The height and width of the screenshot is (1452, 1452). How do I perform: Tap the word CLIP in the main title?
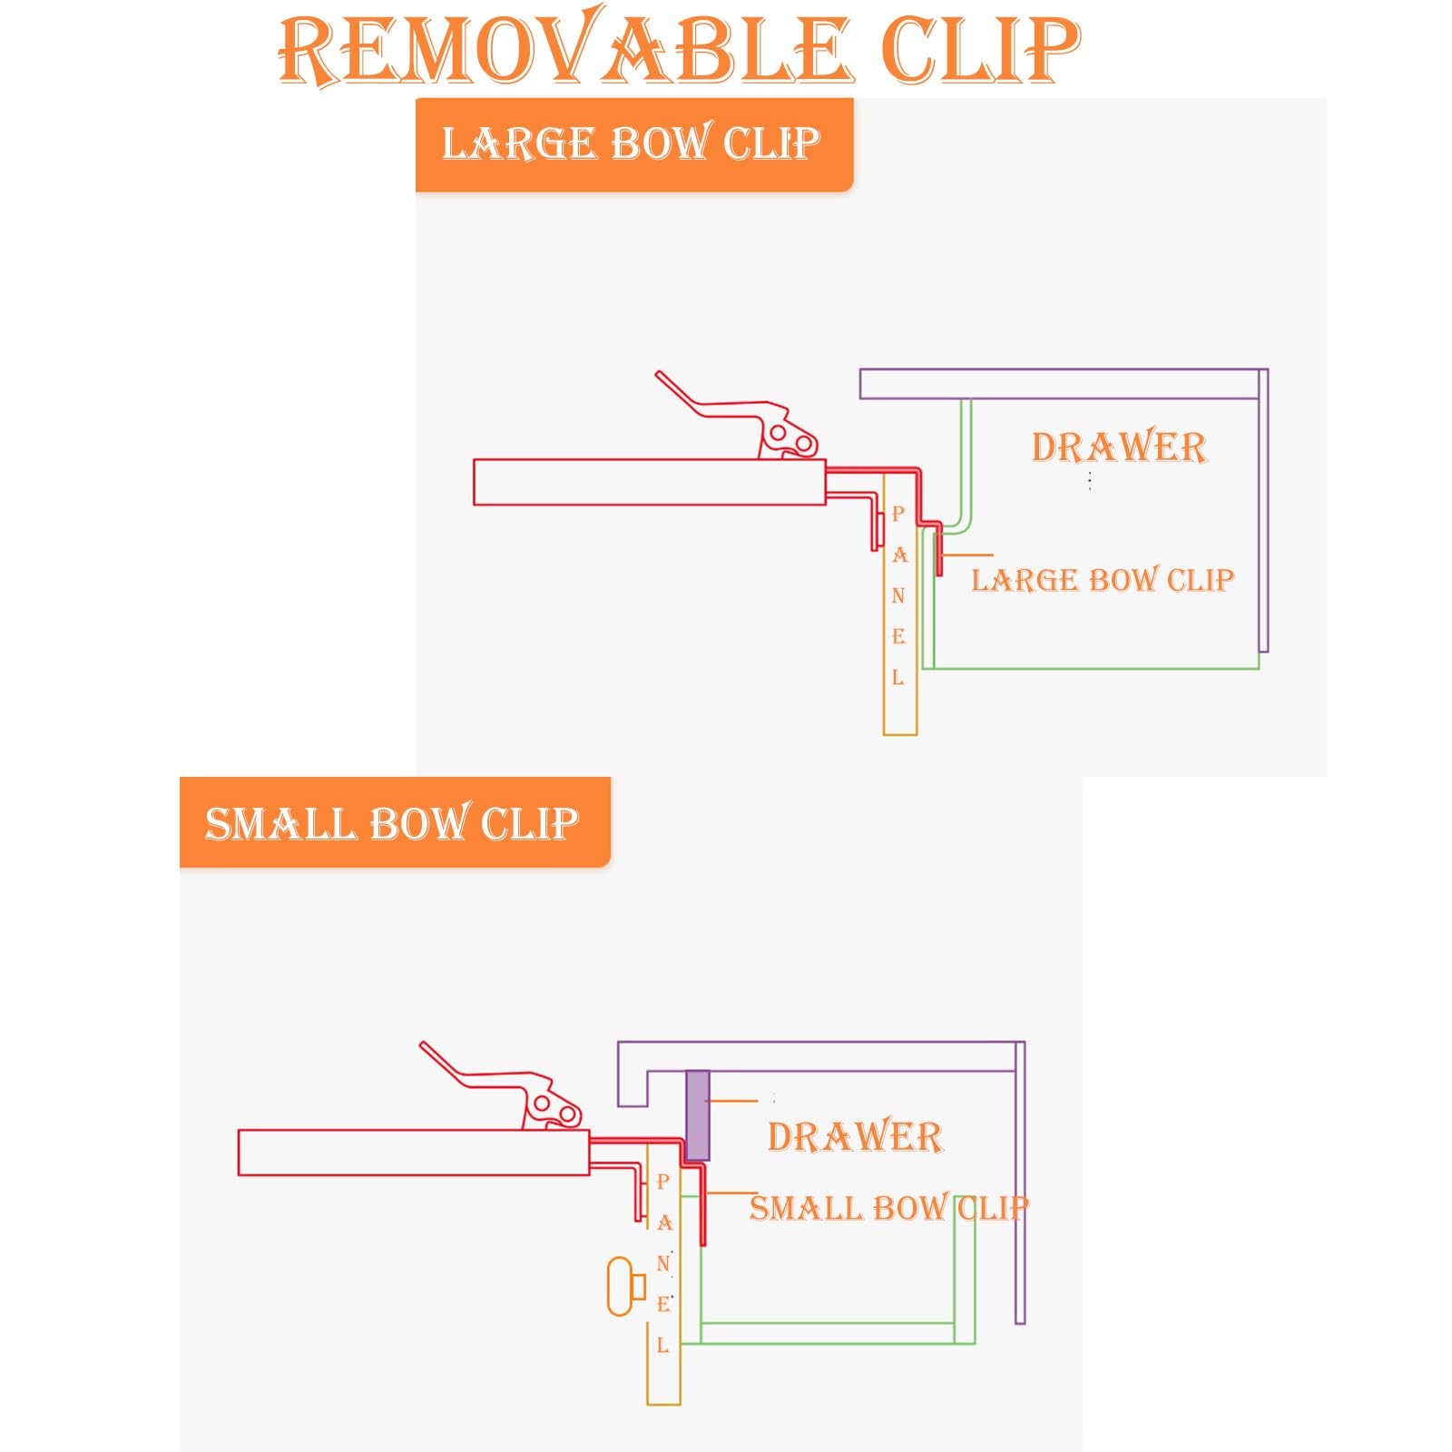pos(981,49)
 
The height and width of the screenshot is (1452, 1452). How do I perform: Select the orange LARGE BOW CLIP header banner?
pos(634,144)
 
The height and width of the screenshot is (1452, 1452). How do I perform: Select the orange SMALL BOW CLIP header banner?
pos(395,822)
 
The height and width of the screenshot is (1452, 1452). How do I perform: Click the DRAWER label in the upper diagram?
pos(1119,447)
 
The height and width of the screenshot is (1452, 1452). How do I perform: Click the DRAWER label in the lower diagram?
pos(855,1136)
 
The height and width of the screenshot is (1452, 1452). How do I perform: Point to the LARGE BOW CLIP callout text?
pos(1103,580)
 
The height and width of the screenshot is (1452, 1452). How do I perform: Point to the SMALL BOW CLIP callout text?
pos(889,1208)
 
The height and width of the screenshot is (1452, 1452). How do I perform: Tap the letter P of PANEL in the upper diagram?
pos(898,514)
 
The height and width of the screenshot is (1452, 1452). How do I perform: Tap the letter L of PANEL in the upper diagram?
pos(898,677)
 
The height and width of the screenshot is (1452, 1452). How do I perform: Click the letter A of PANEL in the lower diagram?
pos(664,1223)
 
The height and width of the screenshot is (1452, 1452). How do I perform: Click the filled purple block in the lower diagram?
pos(697,1115)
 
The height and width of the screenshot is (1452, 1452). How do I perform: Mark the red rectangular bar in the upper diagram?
pos(650,482)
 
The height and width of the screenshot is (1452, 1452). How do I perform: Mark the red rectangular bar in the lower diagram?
pos(414,1153)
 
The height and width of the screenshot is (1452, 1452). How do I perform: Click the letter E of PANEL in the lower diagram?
pos(664,1304)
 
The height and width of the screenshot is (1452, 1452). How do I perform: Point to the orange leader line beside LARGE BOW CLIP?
pos(967,554)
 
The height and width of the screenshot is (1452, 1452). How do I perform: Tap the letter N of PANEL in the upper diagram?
pos(898,595)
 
